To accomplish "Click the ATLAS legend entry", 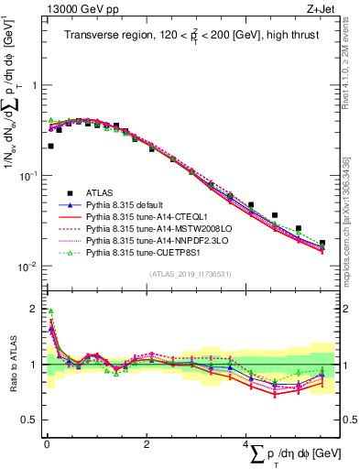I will point(101,192).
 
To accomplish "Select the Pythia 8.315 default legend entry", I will point(128,204).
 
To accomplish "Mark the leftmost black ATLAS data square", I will point(50,146).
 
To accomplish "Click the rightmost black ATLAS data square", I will point(322,243).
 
